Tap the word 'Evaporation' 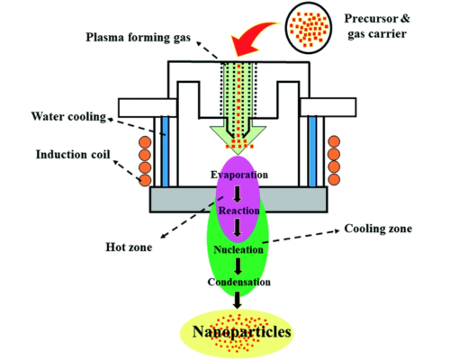coord(238,173)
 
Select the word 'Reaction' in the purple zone coord(238,210)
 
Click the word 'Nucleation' coord(238,247)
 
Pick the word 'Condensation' coord(238,283)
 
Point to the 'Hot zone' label coord(134,241)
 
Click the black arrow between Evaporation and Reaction coord(238,192)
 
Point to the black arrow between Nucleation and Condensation coord(238,265)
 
